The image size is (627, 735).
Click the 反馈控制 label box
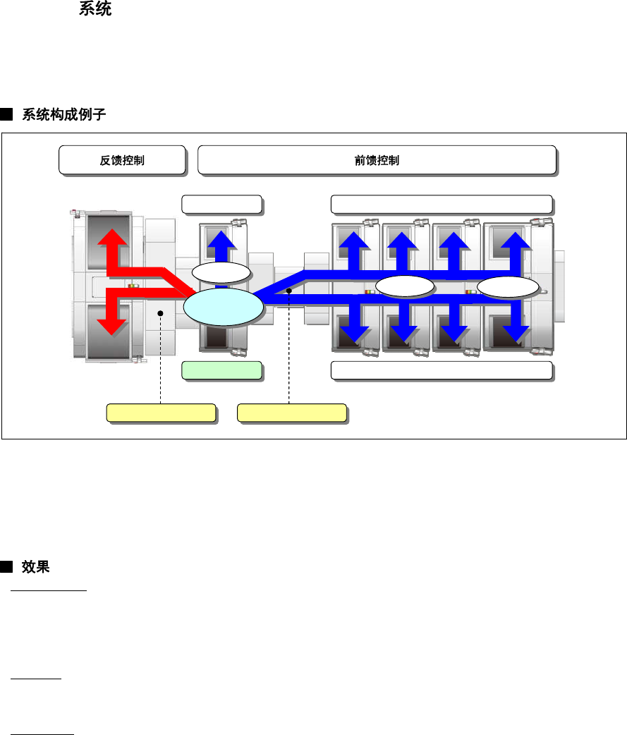click(122, 160)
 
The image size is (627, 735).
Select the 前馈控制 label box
click(377, 160)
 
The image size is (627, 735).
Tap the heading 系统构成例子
click(64, 114)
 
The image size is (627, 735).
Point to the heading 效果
click(35, 566)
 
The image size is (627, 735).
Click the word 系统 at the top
click(95, 10)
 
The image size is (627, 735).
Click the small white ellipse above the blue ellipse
click(221, 273)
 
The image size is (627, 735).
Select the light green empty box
click(221, 370)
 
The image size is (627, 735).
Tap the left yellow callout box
click(160, 413)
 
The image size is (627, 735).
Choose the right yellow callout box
click(291, 413)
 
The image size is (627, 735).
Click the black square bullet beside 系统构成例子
click(6, 114)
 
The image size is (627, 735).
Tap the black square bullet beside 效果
click(6, 566)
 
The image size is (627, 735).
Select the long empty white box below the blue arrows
click(441, 370)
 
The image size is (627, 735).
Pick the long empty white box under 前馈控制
click(441, 204)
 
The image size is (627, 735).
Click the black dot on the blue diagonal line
click(289, 291)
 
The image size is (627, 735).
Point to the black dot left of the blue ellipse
click(161, 312)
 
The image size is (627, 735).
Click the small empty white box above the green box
click(221, 204)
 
